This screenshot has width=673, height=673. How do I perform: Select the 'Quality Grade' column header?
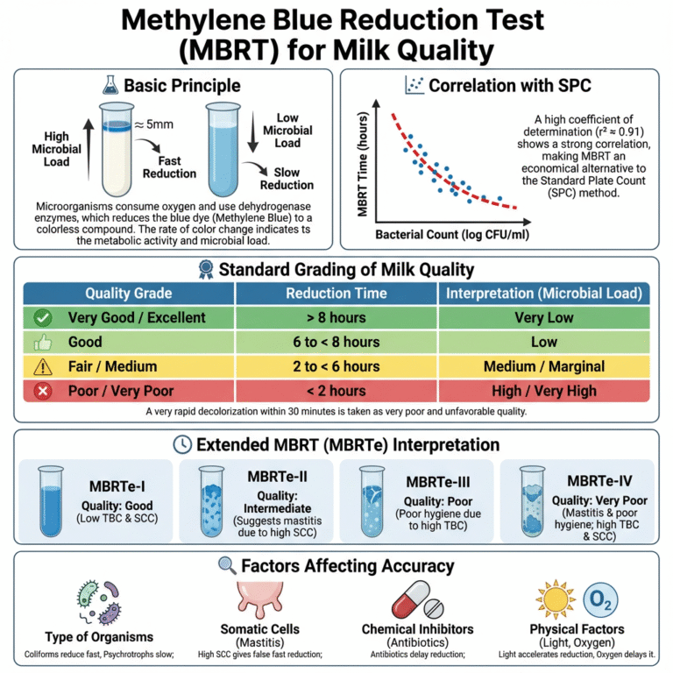click(128, 294)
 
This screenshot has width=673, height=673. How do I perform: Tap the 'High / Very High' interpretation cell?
click(544, 390)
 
